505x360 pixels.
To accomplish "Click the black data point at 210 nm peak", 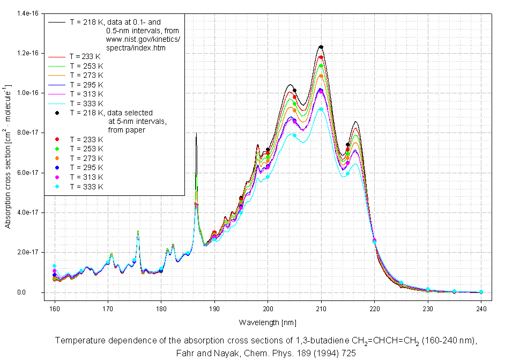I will [321, 47].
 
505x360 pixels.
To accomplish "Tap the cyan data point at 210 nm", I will [321, 109].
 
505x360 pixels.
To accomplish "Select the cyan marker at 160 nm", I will [54, 266].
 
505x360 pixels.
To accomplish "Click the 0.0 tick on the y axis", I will [35, 292].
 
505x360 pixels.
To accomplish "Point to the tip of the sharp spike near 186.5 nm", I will [196, 133].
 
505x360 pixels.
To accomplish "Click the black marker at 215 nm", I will [348, 145].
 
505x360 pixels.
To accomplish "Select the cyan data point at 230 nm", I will [428, 290].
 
